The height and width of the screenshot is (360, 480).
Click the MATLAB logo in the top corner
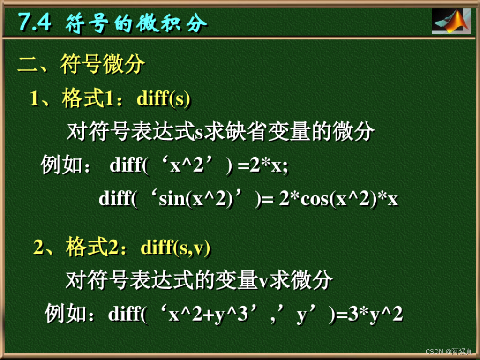[x=451, y=21]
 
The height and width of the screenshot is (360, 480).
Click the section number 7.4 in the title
[x=35, y=22]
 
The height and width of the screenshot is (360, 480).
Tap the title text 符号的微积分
[x=136, y=23]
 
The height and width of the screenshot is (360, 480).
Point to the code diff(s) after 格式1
[x=164, y=99]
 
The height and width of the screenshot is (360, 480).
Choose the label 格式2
[x=93, y=247]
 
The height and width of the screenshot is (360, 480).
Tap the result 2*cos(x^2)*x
[x=338, y=199]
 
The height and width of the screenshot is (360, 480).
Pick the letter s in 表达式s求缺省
[x=199, y=133]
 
